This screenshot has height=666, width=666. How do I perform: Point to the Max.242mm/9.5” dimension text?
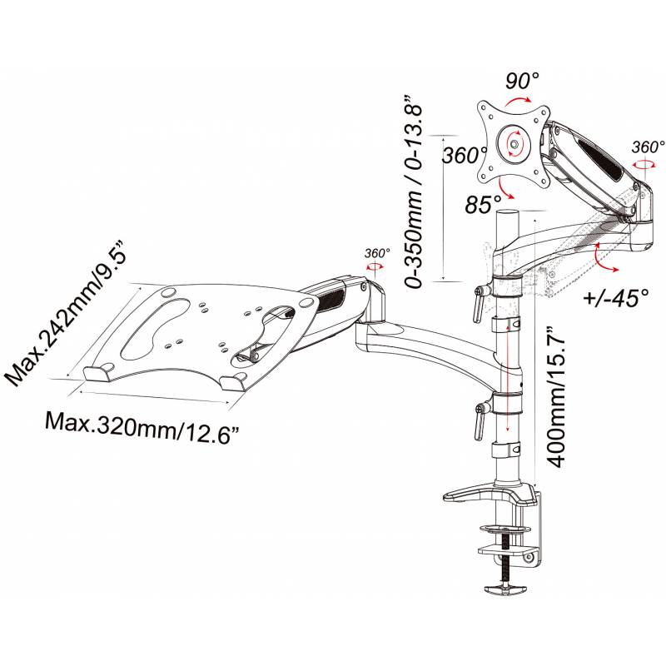(x=58, y=316)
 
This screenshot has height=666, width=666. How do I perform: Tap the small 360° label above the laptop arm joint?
(x=377, y=253)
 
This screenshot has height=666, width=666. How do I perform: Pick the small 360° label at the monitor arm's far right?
(x=647, y=147)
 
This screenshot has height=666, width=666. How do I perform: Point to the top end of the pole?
(x=508, y=215)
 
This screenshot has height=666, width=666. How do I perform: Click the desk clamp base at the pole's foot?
(x=491, y=498)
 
